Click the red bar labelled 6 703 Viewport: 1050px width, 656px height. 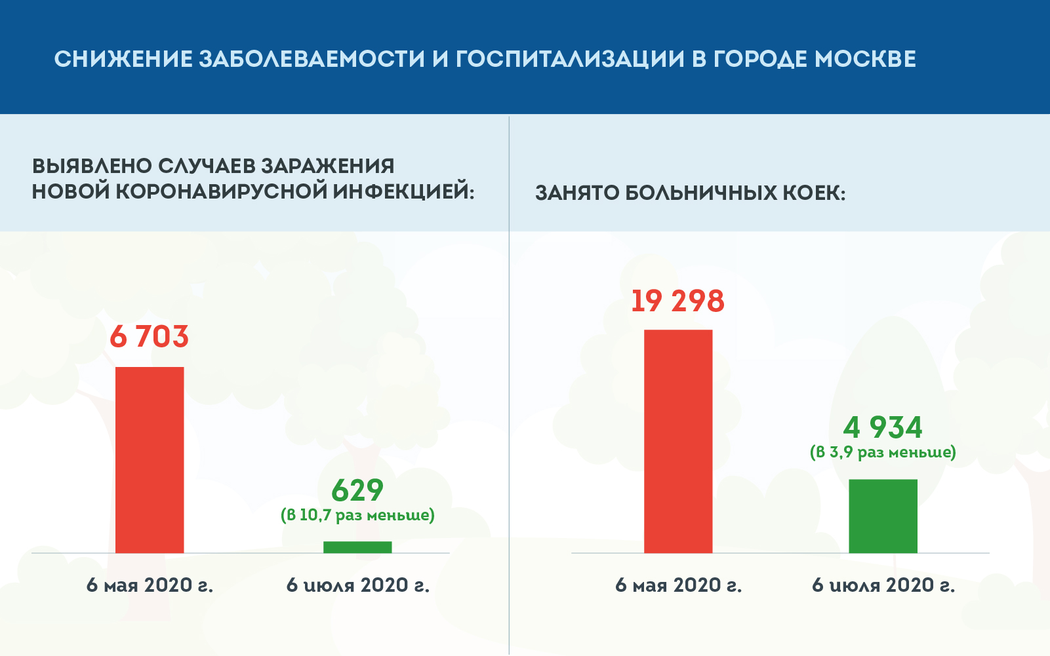pyautogui.click(x=150, y=460)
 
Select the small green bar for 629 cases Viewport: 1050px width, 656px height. pyautogui.click(x=357, y=547)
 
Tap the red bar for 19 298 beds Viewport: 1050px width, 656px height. pyautogui.click(x=678, y=442)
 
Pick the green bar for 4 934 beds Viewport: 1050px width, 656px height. pyautogui.click(x=883, y=516)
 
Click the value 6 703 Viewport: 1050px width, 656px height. pyautogui.click(x=149, y=337)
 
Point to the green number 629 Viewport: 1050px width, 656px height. pyautogui.click(x=357, y=490)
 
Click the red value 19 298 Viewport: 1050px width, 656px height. pyautogui.click(x=678, y=301)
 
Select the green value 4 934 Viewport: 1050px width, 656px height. pyautogui.click(x=883, y=427)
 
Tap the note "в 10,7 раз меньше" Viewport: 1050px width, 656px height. pyautogui.click(x=357, y=515)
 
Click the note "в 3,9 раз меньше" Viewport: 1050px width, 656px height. pyautogui.click(x=883, y=452)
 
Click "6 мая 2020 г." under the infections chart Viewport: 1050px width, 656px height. pyautogui.click(x=150, y=585)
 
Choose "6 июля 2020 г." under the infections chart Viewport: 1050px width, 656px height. pyautogui.click(x=357, y=585)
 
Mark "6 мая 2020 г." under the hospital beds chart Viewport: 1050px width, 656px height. pyautogui.click(x=678, y=585)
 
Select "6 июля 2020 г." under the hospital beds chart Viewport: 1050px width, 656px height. pyautogui.click(x=883, y=585)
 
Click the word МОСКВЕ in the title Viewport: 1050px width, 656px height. pyautogui.click(x=865, y=59)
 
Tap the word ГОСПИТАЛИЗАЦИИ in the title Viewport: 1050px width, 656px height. pyautogui.click(x=569, y=60)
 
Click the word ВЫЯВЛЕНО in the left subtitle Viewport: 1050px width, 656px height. pyautogui.click(x=92, y=166)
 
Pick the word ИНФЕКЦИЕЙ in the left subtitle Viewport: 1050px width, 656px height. pyautogui.click(x=403, y=191)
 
